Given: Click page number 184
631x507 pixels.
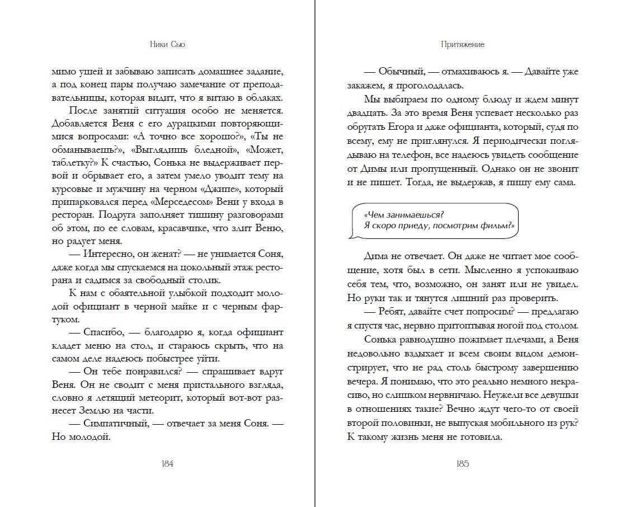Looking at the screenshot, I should [x=167, y=464].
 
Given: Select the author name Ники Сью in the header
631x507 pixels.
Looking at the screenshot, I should [x=167, y=44].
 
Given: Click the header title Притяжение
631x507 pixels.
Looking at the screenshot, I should [x=463, y=44].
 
